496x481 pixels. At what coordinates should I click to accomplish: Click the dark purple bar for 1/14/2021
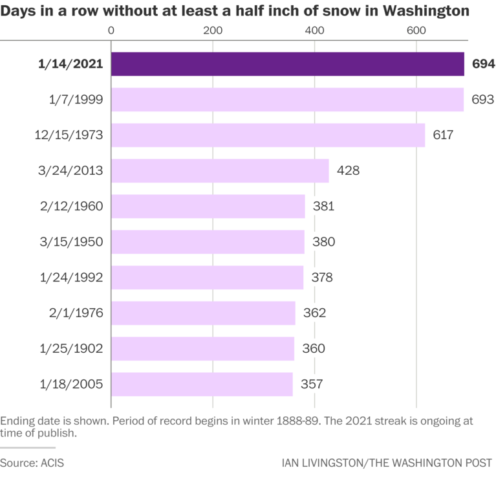click(287, 64)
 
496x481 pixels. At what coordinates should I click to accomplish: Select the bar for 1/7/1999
click(287, 100)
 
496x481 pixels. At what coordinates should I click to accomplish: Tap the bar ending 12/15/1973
click(268, 135)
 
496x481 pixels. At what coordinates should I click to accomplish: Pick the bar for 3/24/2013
click(220, 171)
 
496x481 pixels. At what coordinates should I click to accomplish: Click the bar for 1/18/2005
click(202, 384)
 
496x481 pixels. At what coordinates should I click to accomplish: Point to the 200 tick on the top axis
click(213, 30)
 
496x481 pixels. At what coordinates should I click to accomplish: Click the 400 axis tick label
click(314, 30)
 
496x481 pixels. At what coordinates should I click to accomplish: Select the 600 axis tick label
click(416, 30)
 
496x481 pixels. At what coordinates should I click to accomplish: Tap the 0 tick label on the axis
click(111, 30)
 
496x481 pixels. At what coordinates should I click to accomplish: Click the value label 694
click(483, 64)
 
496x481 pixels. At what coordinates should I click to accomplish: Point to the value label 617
click(444, 135)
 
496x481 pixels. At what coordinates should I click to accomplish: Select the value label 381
click(323, 207)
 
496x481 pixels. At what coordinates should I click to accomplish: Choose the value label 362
click(314, 313)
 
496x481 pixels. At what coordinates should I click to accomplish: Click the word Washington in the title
click(426, 11)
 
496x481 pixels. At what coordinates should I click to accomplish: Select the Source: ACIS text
click(32, 464)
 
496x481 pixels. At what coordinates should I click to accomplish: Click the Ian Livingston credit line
click(387, 464)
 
